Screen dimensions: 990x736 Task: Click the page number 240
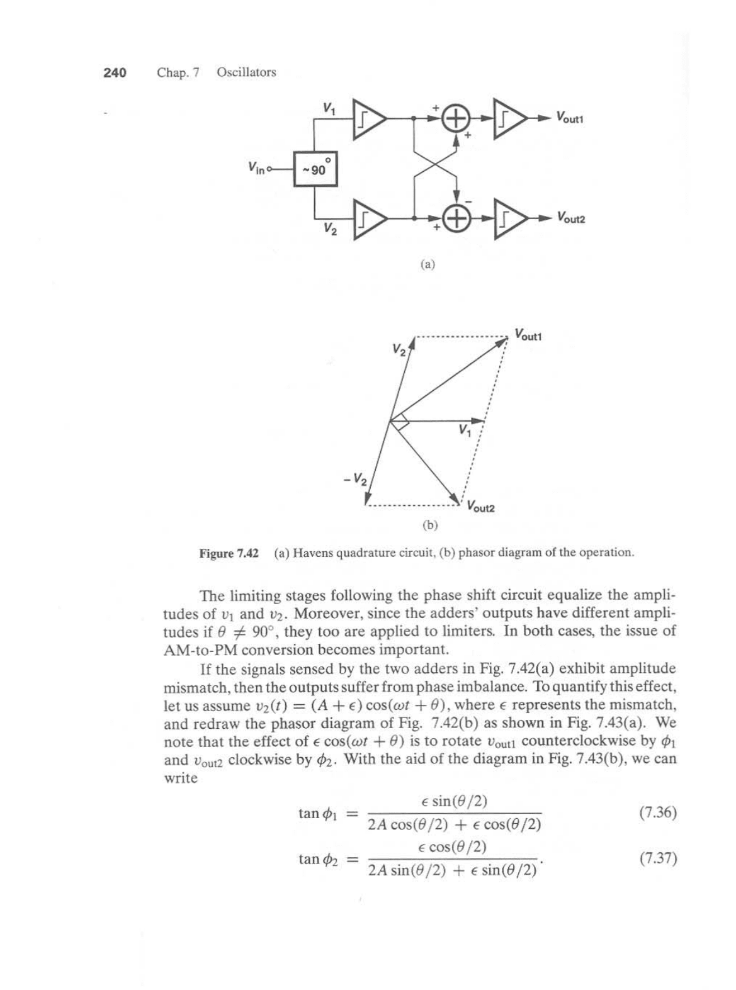coord(115,73)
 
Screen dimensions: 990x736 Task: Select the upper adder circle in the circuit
coord(457,118)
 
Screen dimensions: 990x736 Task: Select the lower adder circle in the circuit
coord(457,218)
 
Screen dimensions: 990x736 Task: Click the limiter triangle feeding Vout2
coord(510,218)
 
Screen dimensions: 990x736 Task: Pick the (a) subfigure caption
coord(427,265)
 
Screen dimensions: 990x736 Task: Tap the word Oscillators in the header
coord(246,72)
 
